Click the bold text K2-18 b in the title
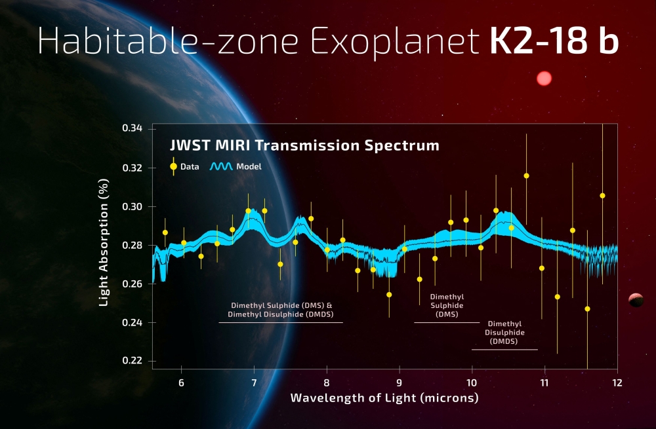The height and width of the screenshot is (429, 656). tap(555, 41)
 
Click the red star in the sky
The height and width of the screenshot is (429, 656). tap(544, 79)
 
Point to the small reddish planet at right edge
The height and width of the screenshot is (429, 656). tap(636, 300)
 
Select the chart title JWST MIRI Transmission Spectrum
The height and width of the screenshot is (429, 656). tap(304, 145)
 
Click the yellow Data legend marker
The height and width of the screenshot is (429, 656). tap(173, 166)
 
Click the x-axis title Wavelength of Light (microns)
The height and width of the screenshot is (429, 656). tap(384, 398)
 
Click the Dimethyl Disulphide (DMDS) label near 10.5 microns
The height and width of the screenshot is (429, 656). tap(504, 333)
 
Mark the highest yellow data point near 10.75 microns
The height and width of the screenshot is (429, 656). tap(526, 176)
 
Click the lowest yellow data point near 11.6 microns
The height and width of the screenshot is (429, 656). tap(587, 308)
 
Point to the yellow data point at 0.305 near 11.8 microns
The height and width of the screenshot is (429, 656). tap(602, 195)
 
